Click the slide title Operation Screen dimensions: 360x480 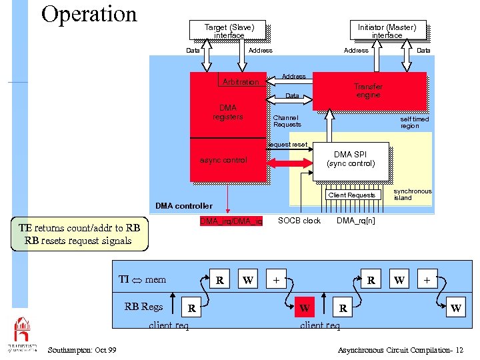[89, 14]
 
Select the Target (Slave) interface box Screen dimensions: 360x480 [228, 31]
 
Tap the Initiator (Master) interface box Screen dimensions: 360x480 [387, 31]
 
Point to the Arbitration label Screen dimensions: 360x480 [241, 82]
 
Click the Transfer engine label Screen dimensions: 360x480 [368, 91]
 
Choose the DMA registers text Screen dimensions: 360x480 [228, 112]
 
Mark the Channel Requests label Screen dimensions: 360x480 [287, 121]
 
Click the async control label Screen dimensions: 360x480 [223, 160]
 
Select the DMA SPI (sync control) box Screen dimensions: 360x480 [351, 159]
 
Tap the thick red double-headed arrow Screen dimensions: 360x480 [290, 163]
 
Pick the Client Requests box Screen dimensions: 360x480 [351, 195]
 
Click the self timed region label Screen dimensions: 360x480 [414, 123]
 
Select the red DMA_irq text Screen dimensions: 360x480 [231, 221]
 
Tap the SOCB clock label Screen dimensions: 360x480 [299, 221]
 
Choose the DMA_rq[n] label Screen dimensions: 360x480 [355, 221]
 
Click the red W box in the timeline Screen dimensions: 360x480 [304, 309]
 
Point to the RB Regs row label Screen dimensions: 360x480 [143, 307]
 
